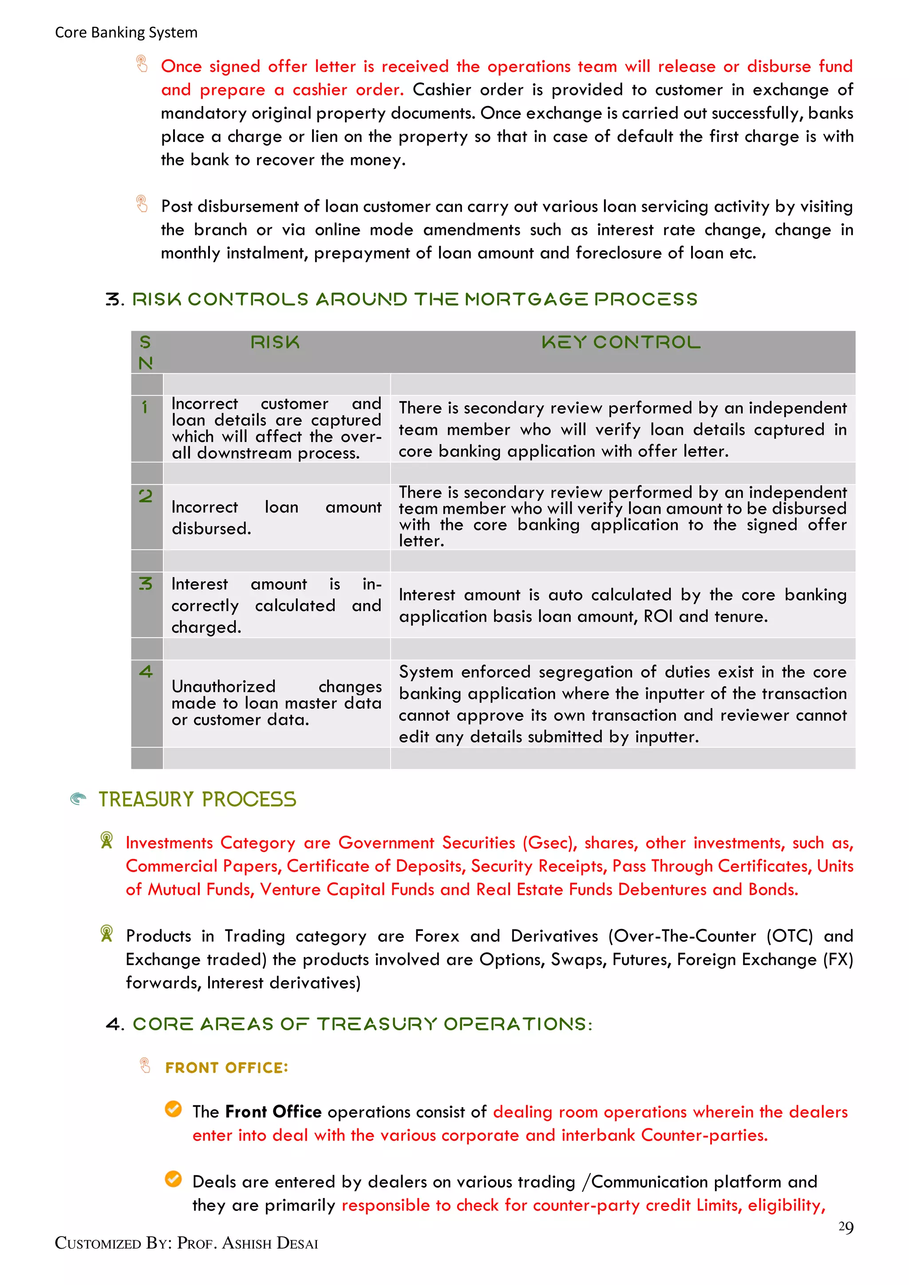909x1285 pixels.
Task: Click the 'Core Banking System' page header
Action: pos(126,32)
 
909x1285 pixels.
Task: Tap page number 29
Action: pos(845,1227)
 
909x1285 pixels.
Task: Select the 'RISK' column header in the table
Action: pos(275,342)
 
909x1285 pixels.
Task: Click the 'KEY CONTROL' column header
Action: pos(621,342)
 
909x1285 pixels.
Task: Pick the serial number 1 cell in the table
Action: pos(145,407)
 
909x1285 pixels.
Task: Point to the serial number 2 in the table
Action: pos(146,496)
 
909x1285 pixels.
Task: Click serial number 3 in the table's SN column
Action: pos(146,584)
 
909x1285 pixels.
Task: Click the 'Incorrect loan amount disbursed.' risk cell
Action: pos(276,517)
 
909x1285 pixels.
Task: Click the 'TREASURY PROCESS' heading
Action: pos(197,799)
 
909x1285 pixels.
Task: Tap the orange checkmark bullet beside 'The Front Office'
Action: pos(174,1109)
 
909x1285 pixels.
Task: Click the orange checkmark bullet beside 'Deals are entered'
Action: pos(174,1179)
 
